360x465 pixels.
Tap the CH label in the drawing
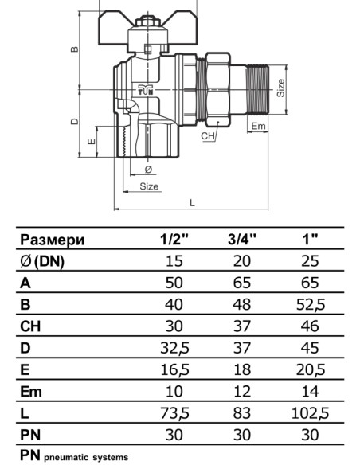[208, 137]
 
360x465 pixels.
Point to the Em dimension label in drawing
[258, 126]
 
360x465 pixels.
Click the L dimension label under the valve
[192, 202]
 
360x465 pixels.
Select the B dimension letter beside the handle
[74, 49]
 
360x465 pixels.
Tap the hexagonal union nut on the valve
[217, 90]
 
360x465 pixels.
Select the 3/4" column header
[242, 240]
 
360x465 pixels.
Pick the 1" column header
[311, 240]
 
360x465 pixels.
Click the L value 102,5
[311, 412]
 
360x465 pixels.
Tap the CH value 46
[311, 326]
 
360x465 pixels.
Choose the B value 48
[242, 304]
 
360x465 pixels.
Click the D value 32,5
[175, 348]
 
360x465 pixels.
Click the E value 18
[242, 369]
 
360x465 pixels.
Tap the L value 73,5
[175, 412]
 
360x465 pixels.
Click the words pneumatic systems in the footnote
[84, 458]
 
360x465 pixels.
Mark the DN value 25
[311, 261]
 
